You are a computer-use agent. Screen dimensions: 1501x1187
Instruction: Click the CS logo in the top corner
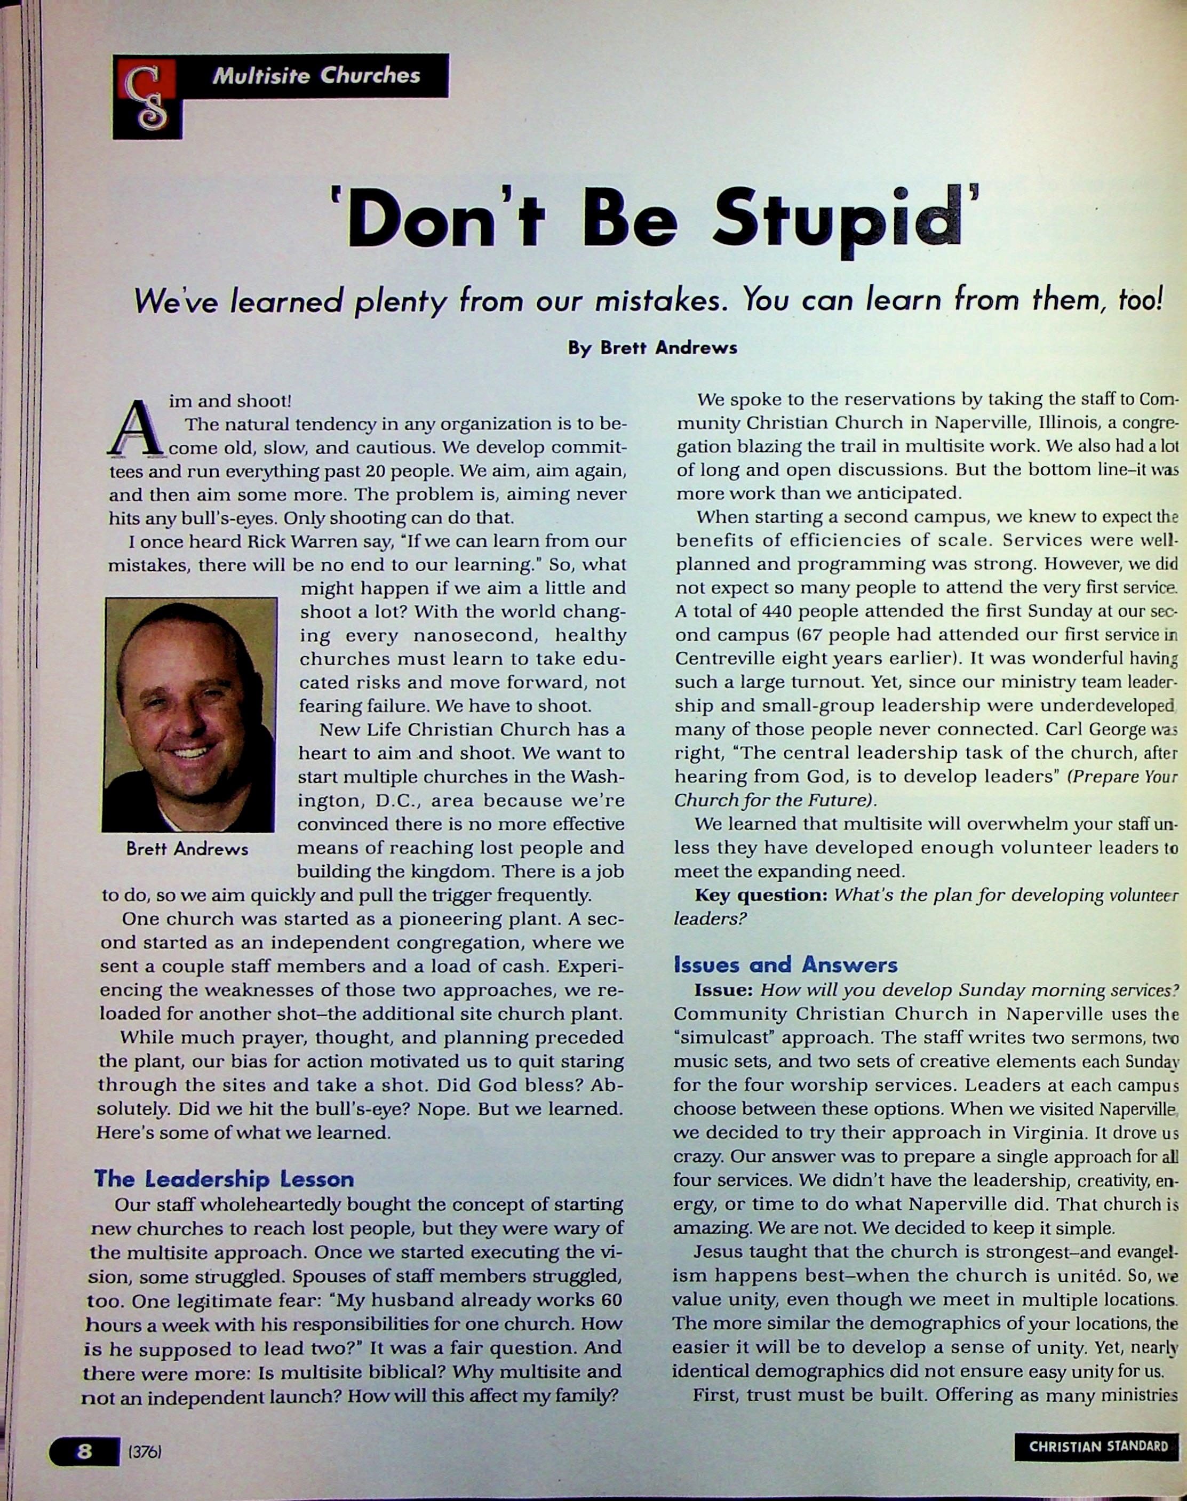pos(147,97)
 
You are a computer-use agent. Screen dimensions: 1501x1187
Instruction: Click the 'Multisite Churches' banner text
pos(316,75)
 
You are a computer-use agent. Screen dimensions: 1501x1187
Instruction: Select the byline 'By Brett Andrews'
pos(652,347)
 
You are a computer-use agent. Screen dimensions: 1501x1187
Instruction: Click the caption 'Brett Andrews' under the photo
pos(187,849)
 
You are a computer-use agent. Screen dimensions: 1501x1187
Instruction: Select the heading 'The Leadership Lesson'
pos(224,1179)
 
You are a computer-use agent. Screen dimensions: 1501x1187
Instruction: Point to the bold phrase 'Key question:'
pos(760,895)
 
